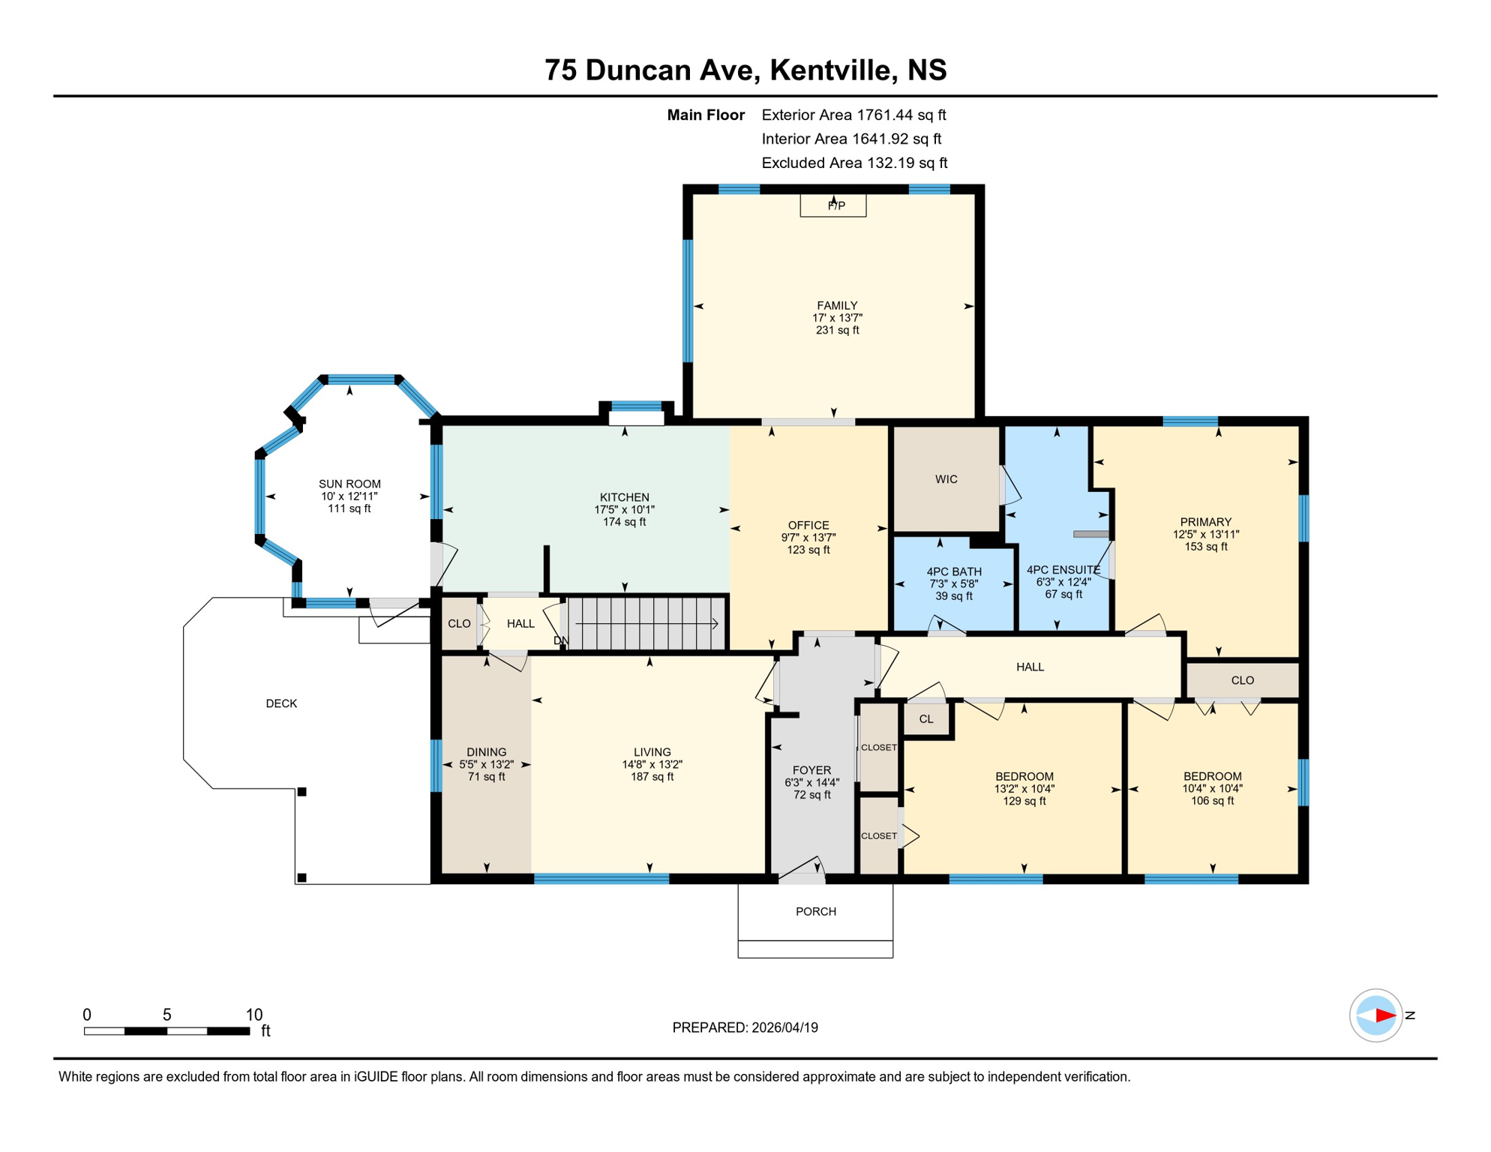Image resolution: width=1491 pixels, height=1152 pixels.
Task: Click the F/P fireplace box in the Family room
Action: (x=832, y=205)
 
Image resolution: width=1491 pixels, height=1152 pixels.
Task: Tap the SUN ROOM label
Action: (x=349, y=484)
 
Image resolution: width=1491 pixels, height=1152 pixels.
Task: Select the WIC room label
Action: (x=946, y=479)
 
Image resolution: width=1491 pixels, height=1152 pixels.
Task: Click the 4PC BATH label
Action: (x=953, y=571)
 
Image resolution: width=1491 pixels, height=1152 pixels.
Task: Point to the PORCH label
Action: (x=815, y=911)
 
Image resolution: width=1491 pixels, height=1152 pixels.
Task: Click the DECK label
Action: (x=281, y=703)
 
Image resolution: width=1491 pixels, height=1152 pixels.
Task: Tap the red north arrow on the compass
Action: (x=1384, y=1015)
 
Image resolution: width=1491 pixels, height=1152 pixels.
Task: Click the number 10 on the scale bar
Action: (x=253, y=1015)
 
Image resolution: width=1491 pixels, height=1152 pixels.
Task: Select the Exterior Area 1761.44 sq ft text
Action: (x=853, y=115)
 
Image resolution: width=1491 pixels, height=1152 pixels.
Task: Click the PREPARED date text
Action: (x=744, y=1027)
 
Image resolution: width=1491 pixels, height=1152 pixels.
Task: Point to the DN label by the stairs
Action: (x=560, y=640)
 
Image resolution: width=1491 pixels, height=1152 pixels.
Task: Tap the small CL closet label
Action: (x=925, y=719)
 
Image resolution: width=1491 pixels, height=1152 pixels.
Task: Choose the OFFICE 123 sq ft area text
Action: (x=808, y=550)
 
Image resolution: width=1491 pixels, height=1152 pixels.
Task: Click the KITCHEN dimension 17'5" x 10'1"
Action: (x=624, y=509)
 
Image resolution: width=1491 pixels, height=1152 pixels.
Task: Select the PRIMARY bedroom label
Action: (x=1205, y=522)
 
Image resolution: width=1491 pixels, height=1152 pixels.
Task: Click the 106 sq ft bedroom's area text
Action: (x=1212, y=801)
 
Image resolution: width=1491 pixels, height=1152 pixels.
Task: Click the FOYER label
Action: (x=811, y=770)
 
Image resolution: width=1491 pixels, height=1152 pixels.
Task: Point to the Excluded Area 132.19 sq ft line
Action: (x=853, y=163)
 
